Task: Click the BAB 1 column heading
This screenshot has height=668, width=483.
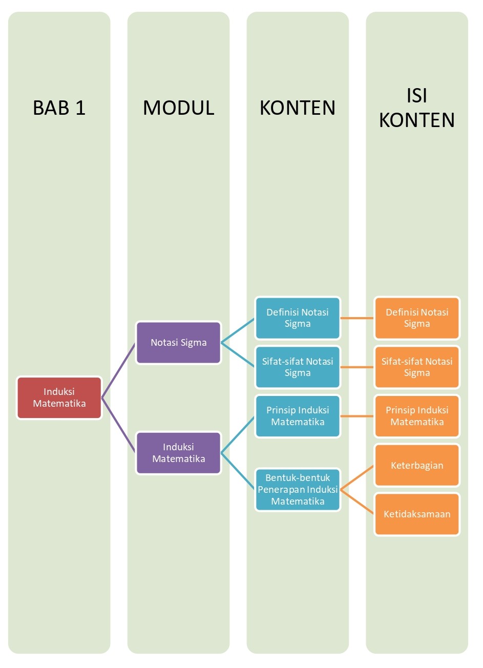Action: (59, 108)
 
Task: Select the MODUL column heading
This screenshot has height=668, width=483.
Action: (178, 108)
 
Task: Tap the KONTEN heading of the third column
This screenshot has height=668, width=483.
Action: (298, 108)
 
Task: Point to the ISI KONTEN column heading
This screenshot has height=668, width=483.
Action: (417, 108)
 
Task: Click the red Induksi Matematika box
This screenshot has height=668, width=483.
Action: (59, 398)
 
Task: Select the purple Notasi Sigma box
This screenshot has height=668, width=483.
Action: (178, 343)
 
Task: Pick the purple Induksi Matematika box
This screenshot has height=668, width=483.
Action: (178, 453)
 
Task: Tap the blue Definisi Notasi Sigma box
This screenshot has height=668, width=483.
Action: (298, 318)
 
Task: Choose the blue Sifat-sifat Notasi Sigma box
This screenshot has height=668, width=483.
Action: (298, 367)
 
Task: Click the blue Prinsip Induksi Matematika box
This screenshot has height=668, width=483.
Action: (298, 416)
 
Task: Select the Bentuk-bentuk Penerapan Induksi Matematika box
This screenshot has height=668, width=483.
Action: (298, 490)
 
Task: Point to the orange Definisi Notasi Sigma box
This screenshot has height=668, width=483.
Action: (417, 318)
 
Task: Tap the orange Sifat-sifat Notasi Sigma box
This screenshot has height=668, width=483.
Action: (417, 367)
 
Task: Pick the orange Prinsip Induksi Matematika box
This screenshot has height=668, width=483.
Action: (417, 416)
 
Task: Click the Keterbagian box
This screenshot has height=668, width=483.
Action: (417, 465)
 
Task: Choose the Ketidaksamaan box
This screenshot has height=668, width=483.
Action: (417, 514)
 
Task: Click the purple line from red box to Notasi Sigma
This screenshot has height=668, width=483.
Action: (119, 370)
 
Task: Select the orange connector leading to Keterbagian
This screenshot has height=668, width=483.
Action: (358, 477)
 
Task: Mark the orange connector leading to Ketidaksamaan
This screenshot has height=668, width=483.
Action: (358, 502)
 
